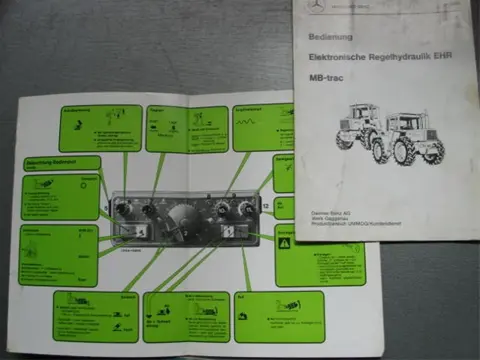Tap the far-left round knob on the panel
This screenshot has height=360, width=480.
pyautogui.click(x=123, y=208)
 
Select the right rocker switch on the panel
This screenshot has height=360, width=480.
pyautogui.click(x=229, y=230)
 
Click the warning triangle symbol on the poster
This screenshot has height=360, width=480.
pyautogui.click(x=286, y=243)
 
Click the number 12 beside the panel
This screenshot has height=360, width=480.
pyautogui.click(x=266, y=204)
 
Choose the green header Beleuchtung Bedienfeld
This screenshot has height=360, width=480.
pyautogui.click(x=61, y=162)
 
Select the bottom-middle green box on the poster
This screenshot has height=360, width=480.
pyautogui.click(x=185, y=317)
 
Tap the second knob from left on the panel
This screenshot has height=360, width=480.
pyautogui.click(x=149, y=209)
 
